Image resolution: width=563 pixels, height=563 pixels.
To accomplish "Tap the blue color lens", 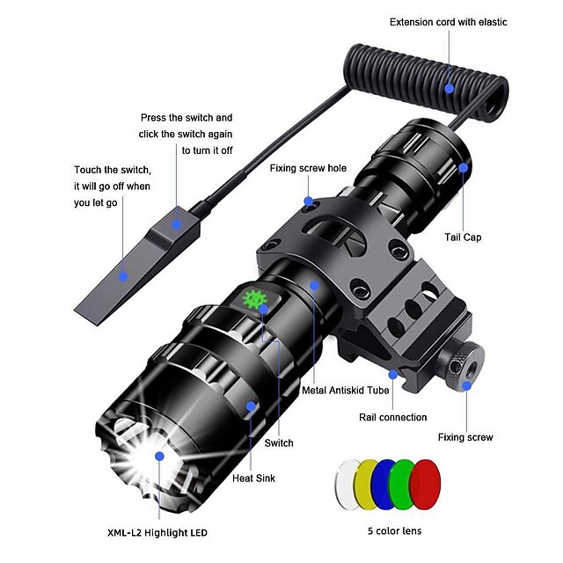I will (x=384, y=482).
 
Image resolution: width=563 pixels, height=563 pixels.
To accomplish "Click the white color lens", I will (x=346, y=482).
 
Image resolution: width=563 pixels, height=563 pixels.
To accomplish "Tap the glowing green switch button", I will (x=257, y=300).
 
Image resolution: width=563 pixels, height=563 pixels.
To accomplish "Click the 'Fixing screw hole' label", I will (x=308, y=167).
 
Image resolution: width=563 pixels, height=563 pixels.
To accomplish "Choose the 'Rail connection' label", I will (x=393, y=417).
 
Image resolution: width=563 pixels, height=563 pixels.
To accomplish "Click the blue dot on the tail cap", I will (x=463, y=166).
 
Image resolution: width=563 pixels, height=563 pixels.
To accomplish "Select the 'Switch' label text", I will (x=279, y=443).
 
